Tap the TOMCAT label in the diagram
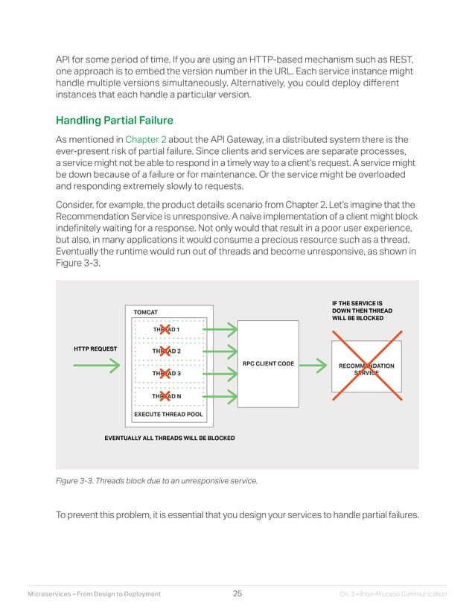point(145,310)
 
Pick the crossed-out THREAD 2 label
point(166,351)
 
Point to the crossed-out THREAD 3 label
point(166,373)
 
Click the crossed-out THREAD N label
point(166,396)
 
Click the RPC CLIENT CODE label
point(269,364)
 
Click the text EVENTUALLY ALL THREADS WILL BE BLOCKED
point(170,439)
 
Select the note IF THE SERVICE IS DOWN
point(357,310)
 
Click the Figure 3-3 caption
point(157,481)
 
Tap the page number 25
point(238,593)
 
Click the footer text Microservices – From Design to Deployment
point(94,594)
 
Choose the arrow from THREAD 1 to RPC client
point(220,328)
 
